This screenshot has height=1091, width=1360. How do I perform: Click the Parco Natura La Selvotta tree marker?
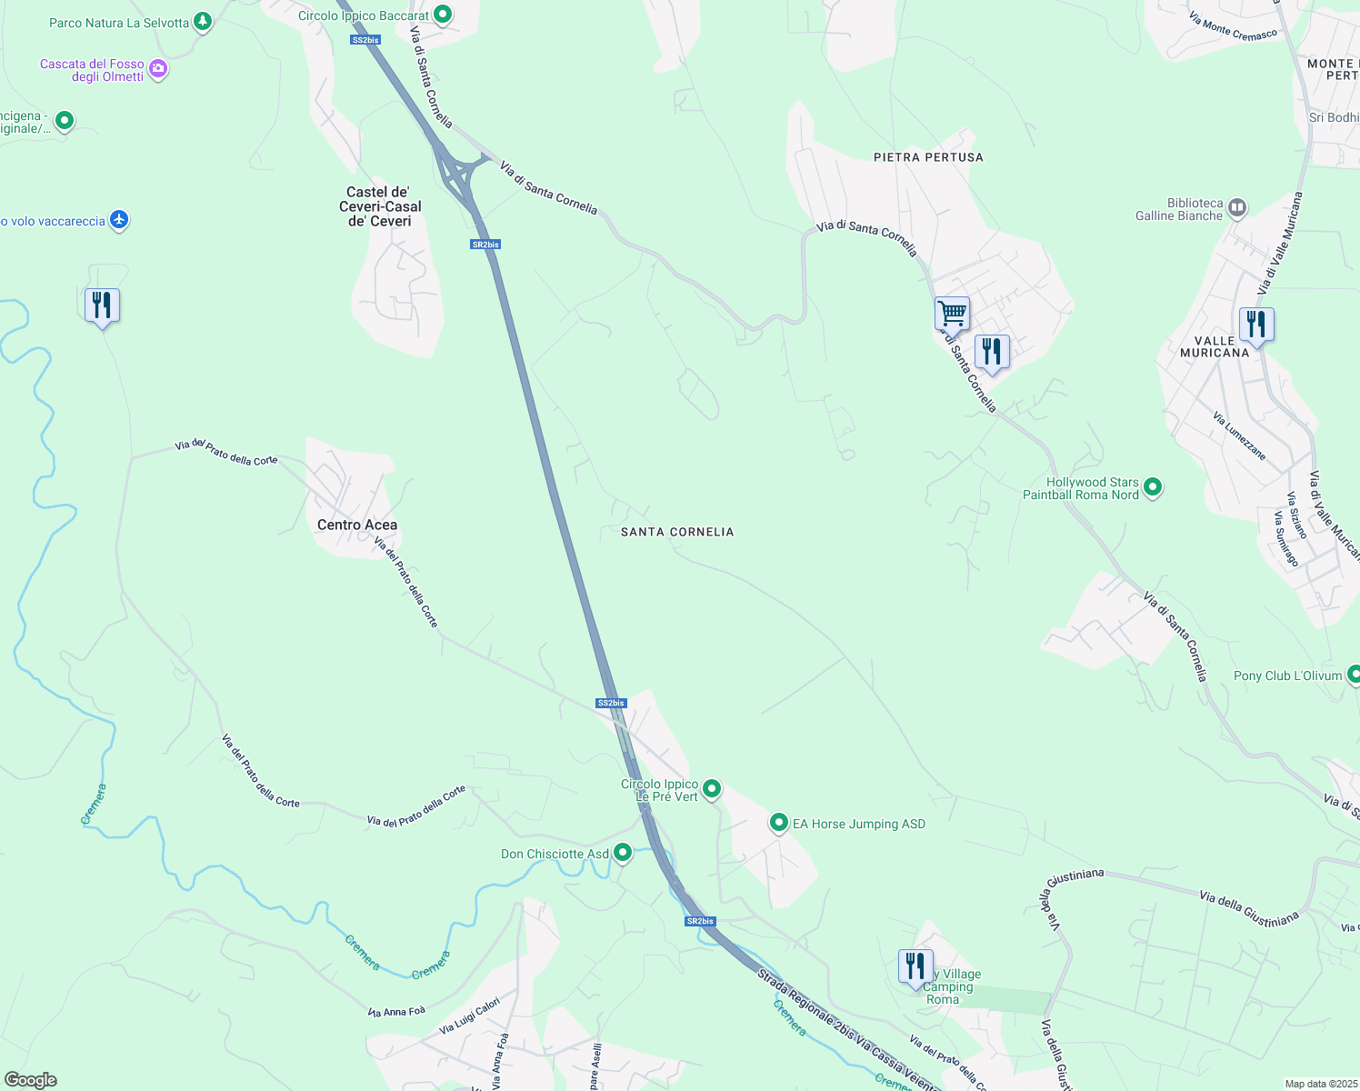point(203,22)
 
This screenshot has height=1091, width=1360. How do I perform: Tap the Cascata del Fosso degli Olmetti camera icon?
point(158,69)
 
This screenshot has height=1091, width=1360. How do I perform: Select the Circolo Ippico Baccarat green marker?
point(442,15)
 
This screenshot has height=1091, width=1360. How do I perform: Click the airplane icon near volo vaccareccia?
point(118,220)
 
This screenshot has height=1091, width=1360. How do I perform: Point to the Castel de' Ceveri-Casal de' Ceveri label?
point(380,206)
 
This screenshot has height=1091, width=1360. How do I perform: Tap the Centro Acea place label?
point(357,525)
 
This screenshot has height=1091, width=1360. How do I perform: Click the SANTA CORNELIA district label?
point(677,532)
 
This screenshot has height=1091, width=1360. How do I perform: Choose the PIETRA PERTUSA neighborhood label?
point(928,157)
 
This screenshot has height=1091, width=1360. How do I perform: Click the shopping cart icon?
point(952,314)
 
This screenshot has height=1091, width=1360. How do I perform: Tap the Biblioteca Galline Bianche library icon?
point(1236,208)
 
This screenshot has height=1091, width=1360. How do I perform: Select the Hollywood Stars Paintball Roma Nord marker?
point(1153,487)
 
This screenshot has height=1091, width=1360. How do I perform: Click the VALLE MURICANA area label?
point(1215,346)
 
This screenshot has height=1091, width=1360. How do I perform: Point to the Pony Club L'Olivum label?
point(1287,676)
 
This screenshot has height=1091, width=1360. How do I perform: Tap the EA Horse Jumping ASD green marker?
point(778,823)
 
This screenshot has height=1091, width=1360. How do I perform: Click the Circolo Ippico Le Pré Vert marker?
point(712,789)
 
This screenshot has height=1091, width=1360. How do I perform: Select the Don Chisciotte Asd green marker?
point(623,853)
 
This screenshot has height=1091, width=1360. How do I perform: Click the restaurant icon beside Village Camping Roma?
point(915,966)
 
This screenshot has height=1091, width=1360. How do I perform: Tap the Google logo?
point(31,1080)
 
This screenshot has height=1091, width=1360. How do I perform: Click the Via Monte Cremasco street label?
point(1233,26)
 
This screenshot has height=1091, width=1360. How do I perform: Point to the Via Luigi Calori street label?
point(470,1016)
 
